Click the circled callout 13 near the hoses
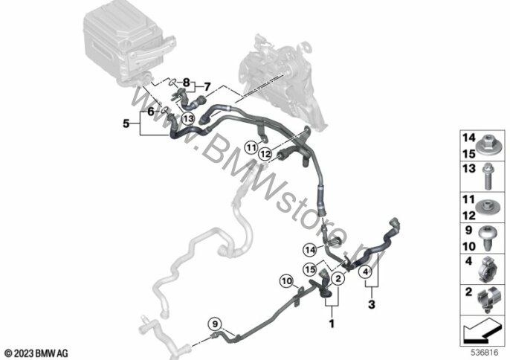click(188, 118)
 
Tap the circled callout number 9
click(215, 324)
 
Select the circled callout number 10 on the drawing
click(287, 280)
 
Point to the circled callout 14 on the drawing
click(309, 248)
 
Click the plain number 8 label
click(187, 81)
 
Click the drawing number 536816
click(485, 352)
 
